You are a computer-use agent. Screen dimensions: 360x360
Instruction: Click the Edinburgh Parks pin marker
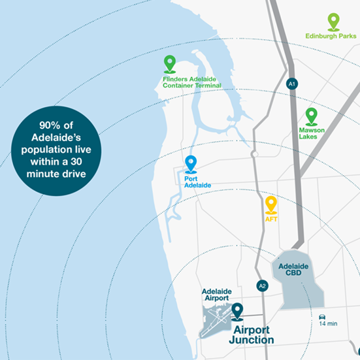tap(334, 22)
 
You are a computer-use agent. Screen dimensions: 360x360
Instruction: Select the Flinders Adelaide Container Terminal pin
tap(170, 63)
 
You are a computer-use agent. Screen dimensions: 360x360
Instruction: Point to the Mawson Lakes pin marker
tap(311, 116)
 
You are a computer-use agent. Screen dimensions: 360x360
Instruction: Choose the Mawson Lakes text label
tap(312, 133)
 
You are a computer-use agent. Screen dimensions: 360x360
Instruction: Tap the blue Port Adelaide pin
tap(191, 163)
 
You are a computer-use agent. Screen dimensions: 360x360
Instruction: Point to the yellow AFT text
tap(272, 220)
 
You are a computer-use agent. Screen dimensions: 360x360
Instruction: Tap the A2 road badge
tap(263, 286)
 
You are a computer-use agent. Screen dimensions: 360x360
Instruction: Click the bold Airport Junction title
tap(252, 335)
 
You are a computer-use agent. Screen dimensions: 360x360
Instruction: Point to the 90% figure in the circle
tap(52, 125)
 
